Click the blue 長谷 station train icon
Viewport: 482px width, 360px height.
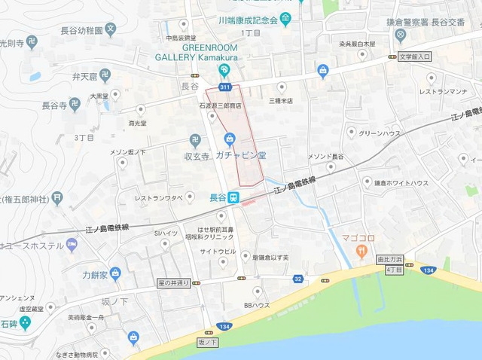(234, 197)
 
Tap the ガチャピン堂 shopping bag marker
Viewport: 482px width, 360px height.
(229, 139)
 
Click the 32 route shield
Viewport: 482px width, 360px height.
(299, 279)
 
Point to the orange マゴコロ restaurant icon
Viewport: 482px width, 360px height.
(362, 249)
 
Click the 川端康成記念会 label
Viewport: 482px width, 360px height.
(247, 20)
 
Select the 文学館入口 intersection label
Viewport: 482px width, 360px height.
(414, 56)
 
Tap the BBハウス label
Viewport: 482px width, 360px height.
(256, 305)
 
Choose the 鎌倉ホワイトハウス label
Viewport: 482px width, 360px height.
(401, 183)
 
